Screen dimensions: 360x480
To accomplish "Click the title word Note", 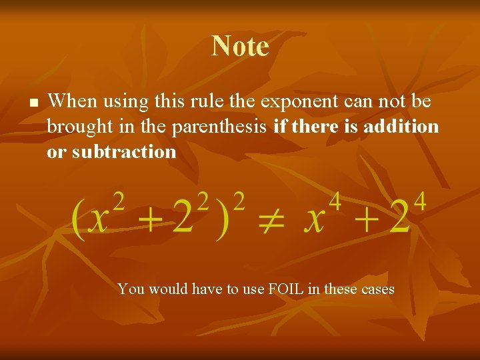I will pyautogui.click(x=240, y=46).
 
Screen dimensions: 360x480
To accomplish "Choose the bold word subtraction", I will pyautogui.click(x=125, y=152).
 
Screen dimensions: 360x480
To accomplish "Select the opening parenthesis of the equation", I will pyautogui.click(x=79, y=221).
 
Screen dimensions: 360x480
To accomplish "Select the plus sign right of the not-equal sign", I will pyautogui.click(x=363, y=222).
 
